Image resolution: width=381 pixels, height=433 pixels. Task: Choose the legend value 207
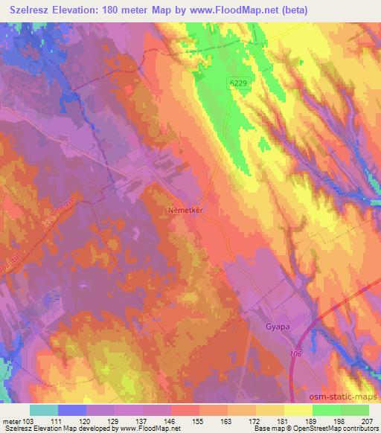365,421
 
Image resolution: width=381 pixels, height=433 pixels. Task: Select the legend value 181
280,421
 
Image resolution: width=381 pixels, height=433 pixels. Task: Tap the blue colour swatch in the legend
71,410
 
